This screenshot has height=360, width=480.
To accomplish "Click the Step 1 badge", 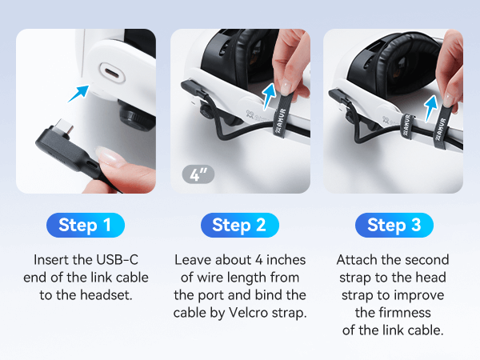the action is click(x=86, y=225).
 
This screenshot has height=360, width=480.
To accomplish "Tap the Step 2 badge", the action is click(x=240, y=225).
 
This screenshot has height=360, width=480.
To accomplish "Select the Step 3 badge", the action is click(x=394, y=225).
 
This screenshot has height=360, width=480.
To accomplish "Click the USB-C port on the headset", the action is click(x=111, y=73).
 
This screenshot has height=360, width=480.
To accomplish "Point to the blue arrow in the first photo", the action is click(x=78, y=94).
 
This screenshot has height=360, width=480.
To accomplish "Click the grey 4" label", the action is click(x=198, y=174).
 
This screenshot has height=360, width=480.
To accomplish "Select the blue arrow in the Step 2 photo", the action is click(x=269, y=95).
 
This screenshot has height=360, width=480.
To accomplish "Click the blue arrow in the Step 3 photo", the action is click(x=431, y=108).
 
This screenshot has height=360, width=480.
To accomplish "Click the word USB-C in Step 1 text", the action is click(x=118, y=259).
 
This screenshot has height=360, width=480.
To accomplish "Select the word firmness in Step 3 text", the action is click(x=393, y=313).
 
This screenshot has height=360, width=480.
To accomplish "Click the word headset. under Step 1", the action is click(x=106, y=295).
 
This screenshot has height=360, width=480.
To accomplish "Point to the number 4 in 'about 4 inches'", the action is click(x=259, y=260).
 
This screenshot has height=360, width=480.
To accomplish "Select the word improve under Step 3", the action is click(x=418, y=296).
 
